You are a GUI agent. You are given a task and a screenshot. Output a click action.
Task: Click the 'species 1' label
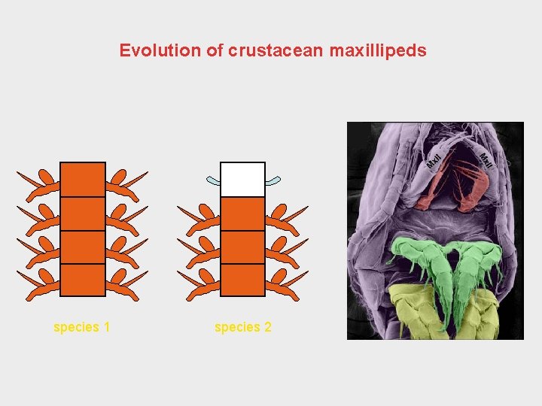(82, 327)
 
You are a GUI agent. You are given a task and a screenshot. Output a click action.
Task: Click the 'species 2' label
(242, 327)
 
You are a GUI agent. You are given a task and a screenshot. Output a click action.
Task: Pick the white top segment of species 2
(242, 179)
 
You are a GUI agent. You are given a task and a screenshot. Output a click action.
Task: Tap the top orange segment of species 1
(83, 180)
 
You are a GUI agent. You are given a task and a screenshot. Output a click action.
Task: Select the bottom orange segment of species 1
(83, 280)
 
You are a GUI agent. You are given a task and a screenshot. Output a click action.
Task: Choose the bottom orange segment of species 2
(242, 280)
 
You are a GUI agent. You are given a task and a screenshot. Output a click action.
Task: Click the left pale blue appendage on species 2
(214, 181)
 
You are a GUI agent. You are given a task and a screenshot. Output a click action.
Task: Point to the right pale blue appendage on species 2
(272, 180)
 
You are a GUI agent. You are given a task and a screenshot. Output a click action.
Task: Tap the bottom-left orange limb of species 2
(199, 284)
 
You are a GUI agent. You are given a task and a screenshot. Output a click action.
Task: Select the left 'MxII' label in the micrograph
(434, 160)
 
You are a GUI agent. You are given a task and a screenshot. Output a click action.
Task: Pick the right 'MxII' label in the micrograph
(486, 160)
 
